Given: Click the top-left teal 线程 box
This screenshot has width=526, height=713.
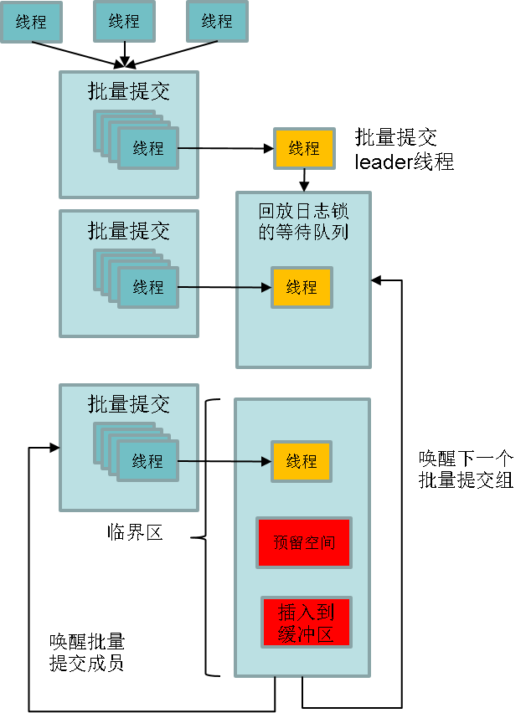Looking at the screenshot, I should (31, 23).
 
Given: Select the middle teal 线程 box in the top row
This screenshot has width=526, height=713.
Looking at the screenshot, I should (124, 22).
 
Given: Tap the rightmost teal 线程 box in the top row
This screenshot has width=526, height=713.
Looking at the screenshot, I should (217, 22).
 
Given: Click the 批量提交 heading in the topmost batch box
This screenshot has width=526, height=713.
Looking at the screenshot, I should (129, 91).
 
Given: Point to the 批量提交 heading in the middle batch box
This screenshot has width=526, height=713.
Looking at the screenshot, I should (129, 230).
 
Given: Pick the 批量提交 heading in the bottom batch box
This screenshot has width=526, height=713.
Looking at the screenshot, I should (129, 404).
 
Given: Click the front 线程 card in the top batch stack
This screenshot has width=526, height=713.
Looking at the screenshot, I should (148, 148).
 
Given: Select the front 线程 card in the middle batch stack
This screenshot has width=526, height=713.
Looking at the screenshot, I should (148, 287).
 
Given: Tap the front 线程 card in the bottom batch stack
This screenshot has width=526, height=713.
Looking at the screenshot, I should (148, 461).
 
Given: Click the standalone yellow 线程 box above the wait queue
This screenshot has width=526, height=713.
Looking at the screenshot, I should (304, 148).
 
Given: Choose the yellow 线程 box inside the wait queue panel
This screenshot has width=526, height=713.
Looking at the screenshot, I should (302, 287).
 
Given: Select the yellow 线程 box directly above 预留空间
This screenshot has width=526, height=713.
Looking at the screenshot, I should (302, 461).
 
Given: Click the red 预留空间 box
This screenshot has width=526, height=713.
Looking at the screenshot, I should (304, 542).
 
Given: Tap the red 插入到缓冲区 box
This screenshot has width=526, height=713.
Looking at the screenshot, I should (306, 622).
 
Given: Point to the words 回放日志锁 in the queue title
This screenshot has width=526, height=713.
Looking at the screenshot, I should (303, 212).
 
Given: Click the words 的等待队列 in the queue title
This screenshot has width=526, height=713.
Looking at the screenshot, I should (303, 232).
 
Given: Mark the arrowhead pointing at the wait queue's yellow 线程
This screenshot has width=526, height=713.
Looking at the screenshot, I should (266, 288).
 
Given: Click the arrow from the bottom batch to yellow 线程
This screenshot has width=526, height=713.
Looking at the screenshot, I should (224, 461).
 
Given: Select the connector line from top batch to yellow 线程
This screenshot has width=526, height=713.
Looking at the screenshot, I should (226, 148).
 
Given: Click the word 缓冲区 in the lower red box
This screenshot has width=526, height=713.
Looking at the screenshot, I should (306, 633).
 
